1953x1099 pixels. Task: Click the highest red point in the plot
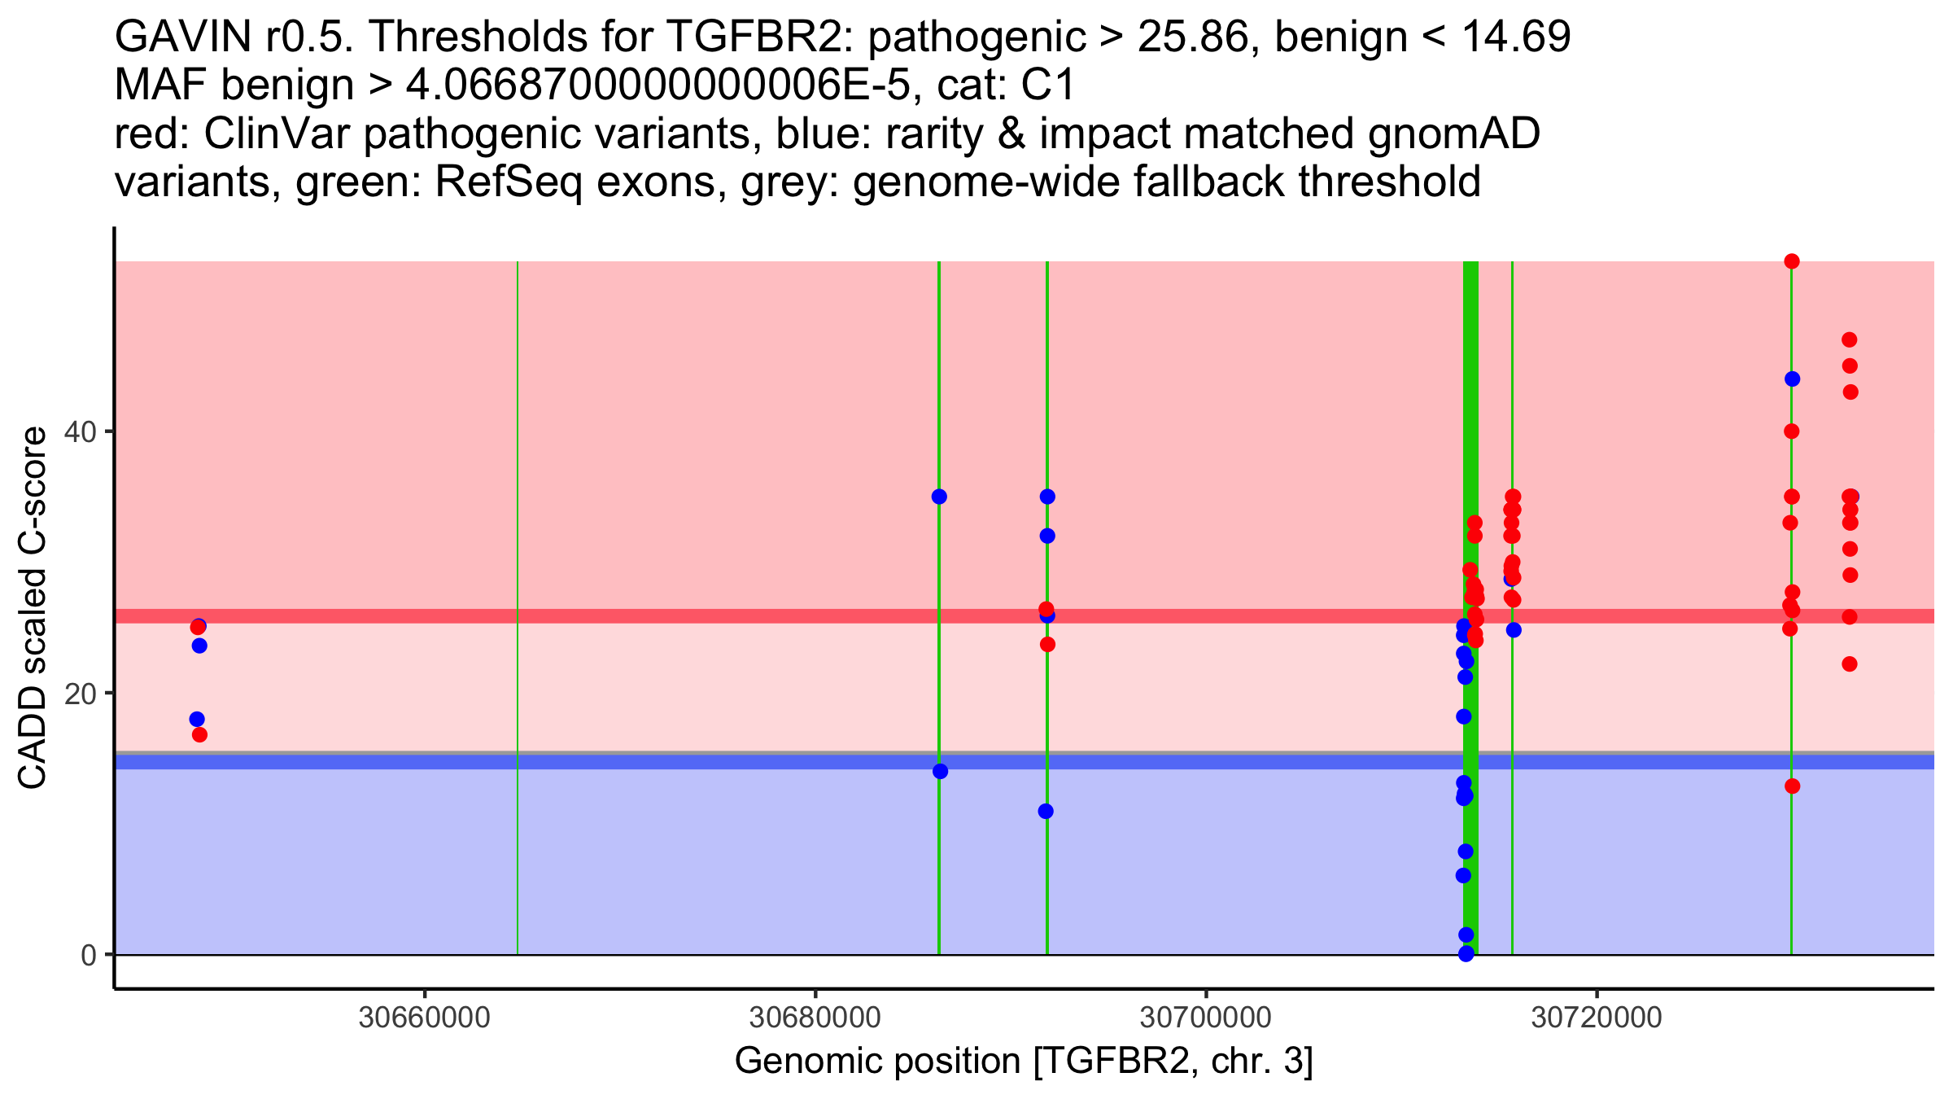click(1791, 261)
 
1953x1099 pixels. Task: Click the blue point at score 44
click(1792, 379)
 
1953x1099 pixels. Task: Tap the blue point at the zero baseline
click(1466, 953)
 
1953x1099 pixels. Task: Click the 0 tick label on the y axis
click(89, 955)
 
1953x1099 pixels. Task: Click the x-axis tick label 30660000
click(424, 1018)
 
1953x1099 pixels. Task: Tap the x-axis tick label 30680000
click(815, 1018)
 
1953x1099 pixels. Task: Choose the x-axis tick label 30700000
click(1205, 1018)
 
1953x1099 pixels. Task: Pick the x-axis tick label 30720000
click(1596, 1018)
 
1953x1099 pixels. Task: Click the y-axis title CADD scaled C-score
click(33, 608)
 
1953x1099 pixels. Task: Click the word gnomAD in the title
click(1453, 134)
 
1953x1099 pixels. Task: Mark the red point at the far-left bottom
click(199, 735)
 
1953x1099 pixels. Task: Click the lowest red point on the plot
click(1792, 786)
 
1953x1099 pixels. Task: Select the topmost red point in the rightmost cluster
click(1849, 339)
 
